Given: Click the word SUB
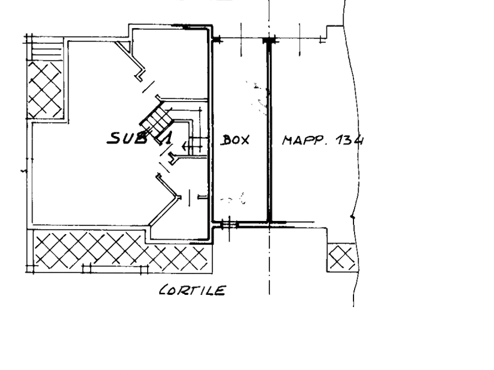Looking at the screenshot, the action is point(127,138).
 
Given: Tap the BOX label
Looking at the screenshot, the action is point(235,140).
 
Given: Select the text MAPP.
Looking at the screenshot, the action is point(303,140).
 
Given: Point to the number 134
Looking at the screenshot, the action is point(350,140).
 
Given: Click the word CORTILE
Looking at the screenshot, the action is point(193,290).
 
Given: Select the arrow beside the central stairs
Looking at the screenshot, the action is point(192,146).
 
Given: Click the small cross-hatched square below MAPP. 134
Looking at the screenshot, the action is point(341,258).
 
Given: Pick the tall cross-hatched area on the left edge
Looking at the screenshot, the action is point(45,90).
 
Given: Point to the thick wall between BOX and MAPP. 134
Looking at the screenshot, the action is point(269,132).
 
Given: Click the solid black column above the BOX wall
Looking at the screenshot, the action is point(269,40).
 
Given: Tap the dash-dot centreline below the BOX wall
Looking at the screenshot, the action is point(269,260).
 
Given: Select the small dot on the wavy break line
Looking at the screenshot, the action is point(352,216).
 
